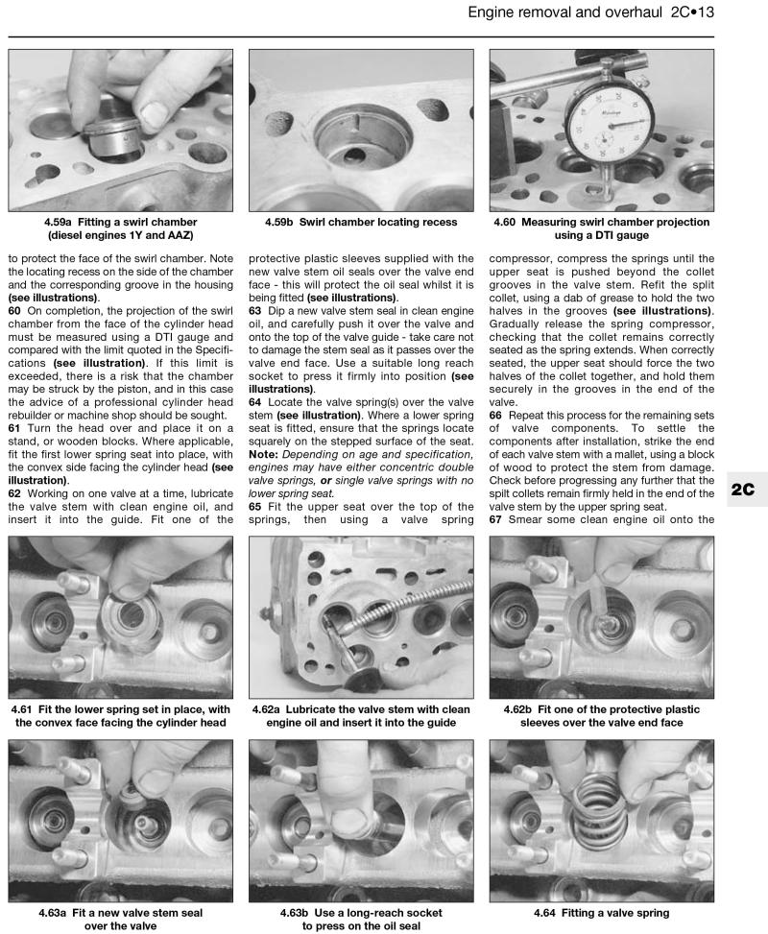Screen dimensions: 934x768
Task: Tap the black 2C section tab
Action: pyautogui.click(x=743, y=489)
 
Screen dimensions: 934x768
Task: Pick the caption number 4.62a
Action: pyautogui.click(x=272, y=709)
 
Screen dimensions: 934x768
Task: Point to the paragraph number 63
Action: pyautogui.click(x=255, y=311)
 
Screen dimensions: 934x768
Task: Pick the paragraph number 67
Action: pyautogui.click(x=496, y=519)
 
